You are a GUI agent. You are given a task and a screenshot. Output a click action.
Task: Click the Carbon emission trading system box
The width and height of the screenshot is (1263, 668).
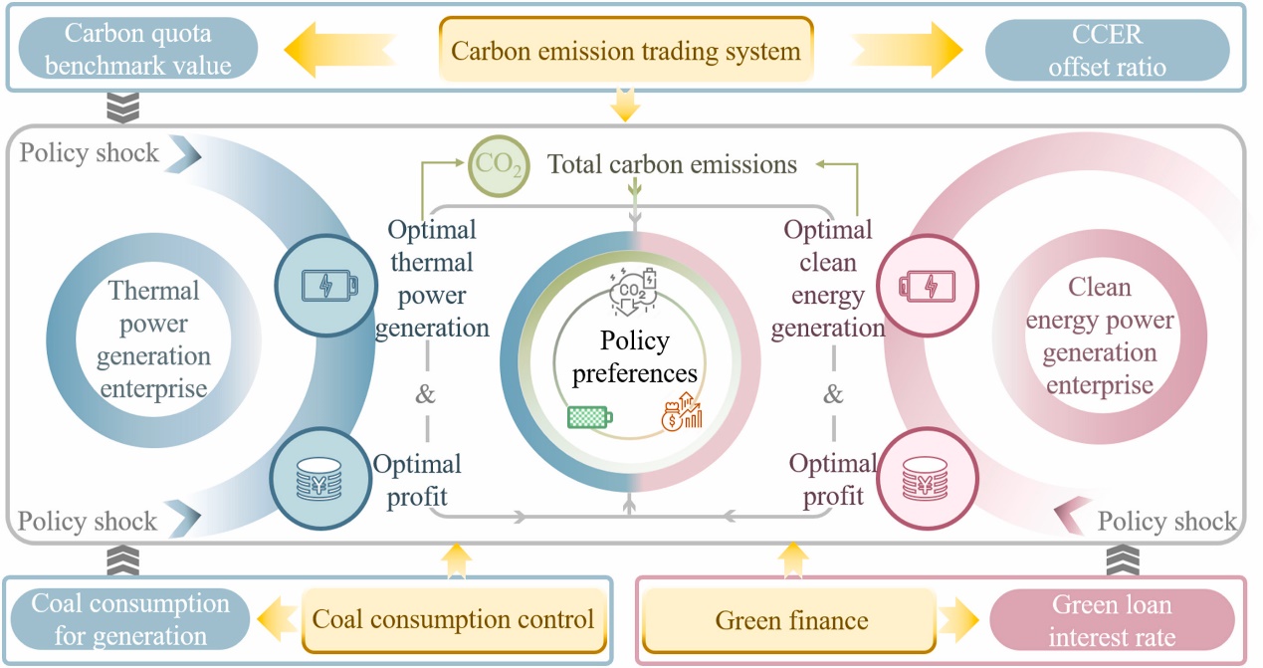tap(626, 50)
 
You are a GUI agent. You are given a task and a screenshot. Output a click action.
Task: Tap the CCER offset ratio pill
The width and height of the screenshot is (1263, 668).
tap(1107, 50)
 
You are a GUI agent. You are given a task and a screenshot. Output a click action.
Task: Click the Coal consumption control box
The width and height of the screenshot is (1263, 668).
tap(453, 620)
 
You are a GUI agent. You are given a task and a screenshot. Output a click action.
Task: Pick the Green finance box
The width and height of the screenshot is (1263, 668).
tap(791, 620)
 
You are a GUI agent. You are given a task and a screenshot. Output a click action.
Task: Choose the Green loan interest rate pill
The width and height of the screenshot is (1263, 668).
tap(1112, 619)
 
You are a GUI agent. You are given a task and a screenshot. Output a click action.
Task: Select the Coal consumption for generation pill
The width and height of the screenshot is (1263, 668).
tap(130, 619)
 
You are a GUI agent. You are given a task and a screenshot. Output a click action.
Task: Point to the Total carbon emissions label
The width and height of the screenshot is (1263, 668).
tap(673, 164)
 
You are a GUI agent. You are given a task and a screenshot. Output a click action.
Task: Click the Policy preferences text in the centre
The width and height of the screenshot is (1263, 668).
tap(635, 357)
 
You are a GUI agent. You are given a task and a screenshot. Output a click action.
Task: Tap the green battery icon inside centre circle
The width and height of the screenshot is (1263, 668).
tap(589, 417)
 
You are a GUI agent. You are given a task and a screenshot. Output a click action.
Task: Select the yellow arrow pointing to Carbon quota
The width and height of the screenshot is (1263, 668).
tap(341, 50)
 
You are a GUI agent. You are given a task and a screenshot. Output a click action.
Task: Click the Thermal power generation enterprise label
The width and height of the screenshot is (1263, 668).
tap(152, 338)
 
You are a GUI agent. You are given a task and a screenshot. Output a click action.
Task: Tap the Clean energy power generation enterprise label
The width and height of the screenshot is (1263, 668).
tap(1100, 335)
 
